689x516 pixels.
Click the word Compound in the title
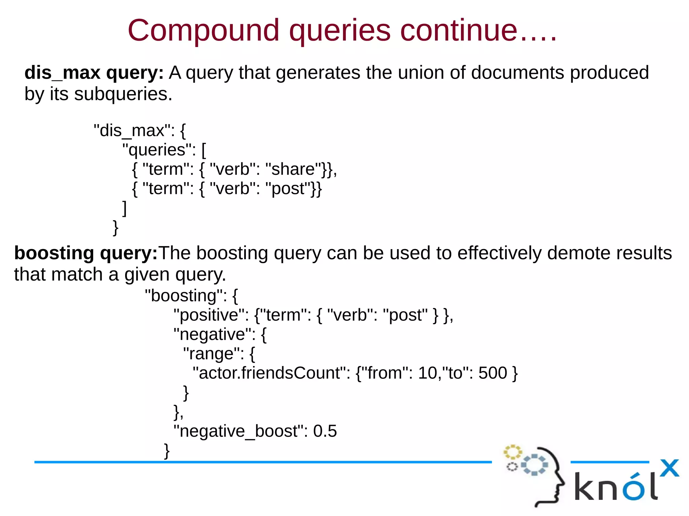(203, 31)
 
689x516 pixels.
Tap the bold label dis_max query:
(94, 73)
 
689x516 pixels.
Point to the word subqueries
(123, 94)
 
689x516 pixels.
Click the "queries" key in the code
(159, 150)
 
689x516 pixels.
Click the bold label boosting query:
(86, 253)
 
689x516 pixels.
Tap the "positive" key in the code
(211, 315)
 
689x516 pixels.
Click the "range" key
(214, 354)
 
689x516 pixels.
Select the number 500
(493, 373)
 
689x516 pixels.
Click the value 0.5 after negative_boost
(325, 431)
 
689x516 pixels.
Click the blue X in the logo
(669, 468)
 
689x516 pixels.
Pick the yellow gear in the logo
(512, 452)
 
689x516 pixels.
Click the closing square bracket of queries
(124, 208)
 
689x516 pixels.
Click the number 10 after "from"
(427, 373)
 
